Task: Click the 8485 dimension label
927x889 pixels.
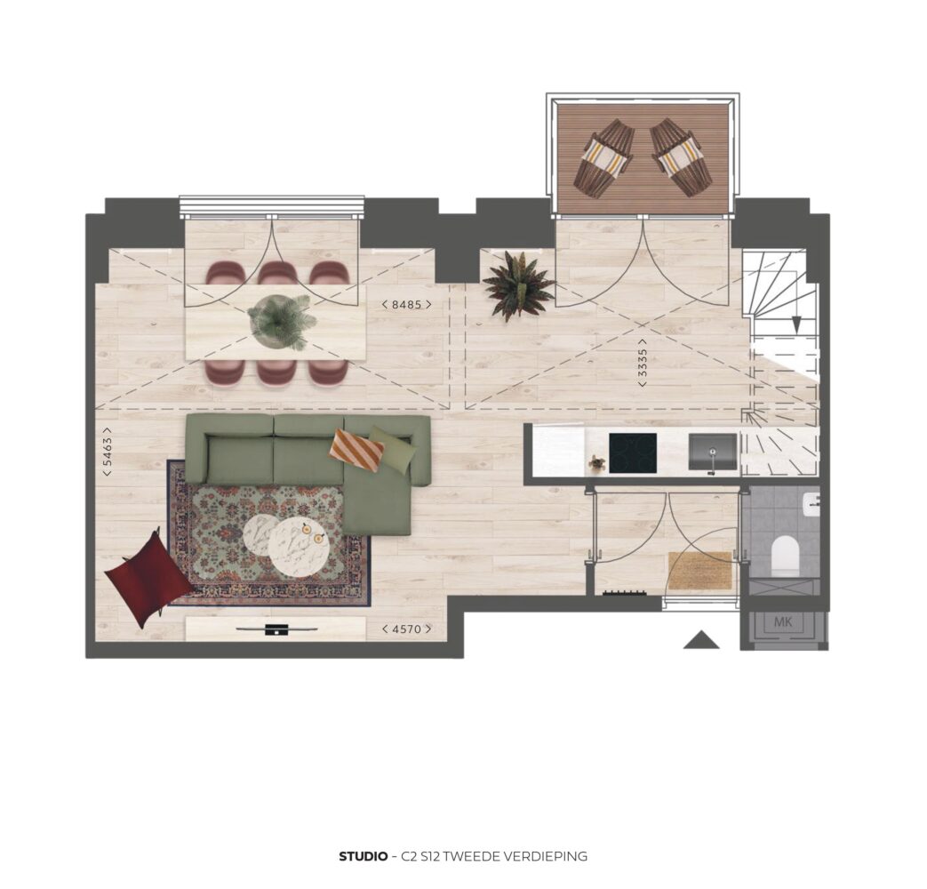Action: [x=406, y=305]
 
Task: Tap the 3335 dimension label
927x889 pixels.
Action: [x=643, y=363]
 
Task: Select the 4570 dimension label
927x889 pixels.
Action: [x=406, y=629]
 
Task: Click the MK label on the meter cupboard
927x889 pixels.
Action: [x=783, y=621]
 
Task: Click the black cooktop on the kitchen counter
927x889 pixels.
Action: [x=633, y=453]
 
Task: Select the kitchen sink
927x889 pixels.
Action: [x=713, y=453]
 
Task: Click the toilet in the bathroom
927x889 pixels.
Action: [x=785, y=556]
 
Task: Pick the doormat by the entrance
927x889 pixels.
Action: [x=700, y=570]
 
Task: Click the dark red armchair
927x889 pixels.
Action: [x=148, y=578]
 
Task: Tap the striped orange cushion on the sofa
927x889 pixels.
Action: [x=357, y=451]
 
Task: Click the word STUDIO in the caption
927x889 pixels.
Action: [x=364, y=856]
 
